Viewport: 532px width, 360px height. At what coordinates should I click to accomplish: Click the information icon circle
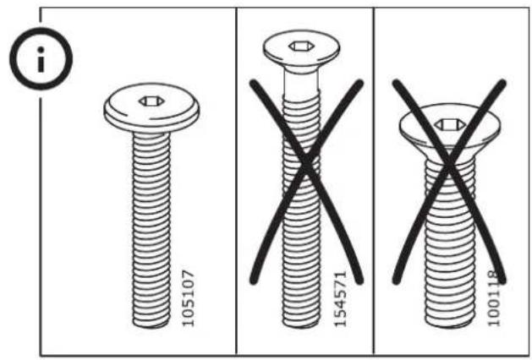point(41,30)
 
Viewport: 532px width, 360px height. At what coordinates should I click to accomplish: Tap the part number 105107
point(189,298)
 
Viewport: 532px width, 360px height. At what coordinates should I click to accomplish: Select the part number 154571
point(341,299)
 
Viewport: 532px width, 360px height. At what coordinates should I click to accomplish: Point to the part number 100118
point(494,298)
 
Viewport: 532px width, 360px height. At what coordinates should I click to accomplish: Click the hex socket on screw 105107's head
point(151,101)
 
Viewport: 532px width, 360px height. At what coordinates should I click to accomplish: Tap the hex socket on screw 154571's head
point(301,46)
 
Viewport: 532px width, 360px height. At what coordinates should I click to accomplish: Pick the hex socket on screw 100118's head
point(450,125)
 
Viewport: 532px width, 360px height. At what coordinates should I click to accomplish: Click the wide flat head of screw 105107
point(151,108)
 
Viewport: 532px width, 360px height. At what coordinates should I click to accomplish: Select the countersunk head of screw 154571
point(301,51)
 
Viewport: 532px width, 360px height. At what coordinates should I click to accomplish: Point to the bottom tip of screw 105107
point(151,326)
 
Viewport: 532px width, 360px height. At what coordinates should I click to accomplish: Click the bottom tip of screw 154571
point(301,326)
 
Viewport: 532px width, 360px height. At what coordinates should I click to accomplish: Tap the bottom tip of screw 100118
point(450,326)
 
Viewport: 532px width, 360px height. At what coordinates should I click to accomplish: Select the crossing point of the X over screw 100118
point(449,166)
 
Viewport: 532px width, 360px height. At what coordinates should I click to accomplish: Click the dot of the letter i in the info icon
point(41,50)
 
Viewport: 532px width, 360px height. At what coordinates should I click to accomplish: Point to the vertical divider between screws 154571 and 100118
point(374,182)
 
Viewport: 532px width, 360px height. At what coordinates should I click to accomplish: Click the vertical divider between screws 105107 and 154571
point(236,182)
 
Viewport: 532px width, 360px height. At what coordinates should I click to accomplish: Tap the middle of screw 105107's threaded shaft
point(151,230)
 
